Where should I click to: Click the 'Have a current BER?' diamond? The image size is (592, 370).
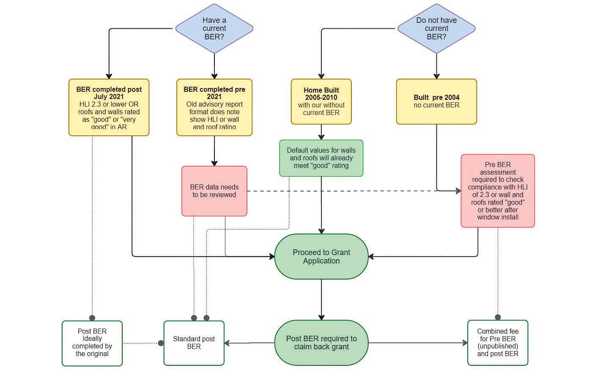pyautogui.click(x=214, y=28)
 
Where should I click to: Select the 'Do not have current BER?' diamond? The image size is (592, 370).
pyautogui.click(x=436, y=28)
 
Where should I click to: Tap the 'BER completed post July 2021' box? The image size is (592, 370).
pyautogui.click(x=109, y=107)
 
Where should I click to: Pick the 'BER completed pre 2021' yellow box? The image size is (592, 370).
pyautogui.click(x=214, y=107)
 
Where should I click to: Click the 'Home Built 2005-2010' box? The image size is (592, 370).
pyautogui.click(x=321, y=101)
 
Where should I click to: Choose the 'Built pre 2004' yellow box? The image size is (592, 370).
pyautogui.click(x=436, y=101)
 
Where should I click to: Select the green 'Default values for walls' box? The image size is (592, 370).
pyautogui.click(x=321, y=158)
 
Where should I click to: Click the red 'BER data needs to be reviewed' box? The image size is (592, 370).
pyautogui.click(x=214, y=191)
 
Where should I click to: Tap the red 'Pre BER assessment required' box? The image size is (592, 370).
pyautogui.click(x=498, y=191)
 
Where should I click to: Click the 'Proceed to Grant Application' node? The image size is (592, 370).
pyautogui.click(x=321, y=256)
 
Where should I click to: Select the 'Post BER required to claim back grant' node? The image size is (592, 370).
pyautogui.click(x=321, y=343)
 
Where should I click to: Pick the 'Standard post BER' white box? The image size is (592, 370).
pyautogui.click(x=194, y=343)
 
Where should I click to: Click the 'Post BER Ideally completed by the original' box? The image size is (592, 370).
pyautogui.click(x=92, y=343)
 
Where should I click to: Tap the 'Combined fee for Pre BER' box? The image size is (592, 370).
pyautogui.click(x=498, y=343)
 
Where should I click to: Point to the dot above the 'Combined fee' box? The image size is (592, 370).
pyautogui.click(x=498, y=317)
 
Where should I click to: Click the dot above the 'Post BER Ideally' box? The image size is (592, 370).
pyautogui.click(x=92, y=318)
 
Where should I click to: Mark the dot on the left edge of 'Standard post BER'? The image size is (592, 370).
pyautogui.click(x=161, y=343)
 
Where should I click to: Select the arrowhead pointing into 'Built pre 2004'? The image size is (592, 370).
pyautogui.click(x=436, y=76)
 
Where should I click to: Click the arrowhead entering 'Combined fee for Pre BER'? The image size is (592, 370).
pyautogui.click(x=465, y=343)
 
